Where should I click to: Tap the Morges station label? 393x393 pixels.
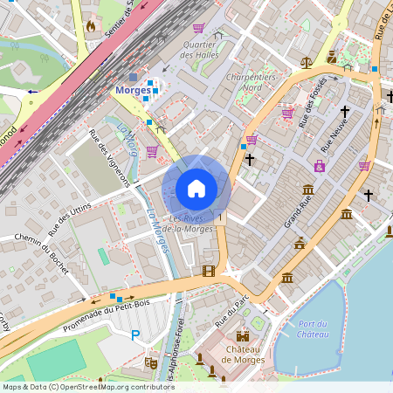point(134,90)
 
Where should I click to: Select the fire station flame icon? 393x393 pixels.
point(90,26)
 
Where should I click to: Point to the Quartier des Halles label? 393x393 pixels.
point(197,49)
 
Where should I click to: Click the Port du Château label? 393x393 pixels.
point(312,329)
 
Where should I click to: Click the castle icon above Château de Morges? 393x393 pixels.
point(243,335)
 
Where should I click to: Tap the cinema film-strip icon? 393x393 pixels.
point(208,271)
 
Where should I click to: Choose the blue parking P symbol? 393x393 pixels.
point(135,334)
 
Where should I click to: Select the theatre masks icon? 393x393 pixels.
point(150,360)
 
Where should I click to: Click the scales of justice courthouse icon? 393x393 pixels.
point(306,62)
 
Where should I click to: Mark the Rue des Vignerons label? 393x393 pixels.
point(110,157)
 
